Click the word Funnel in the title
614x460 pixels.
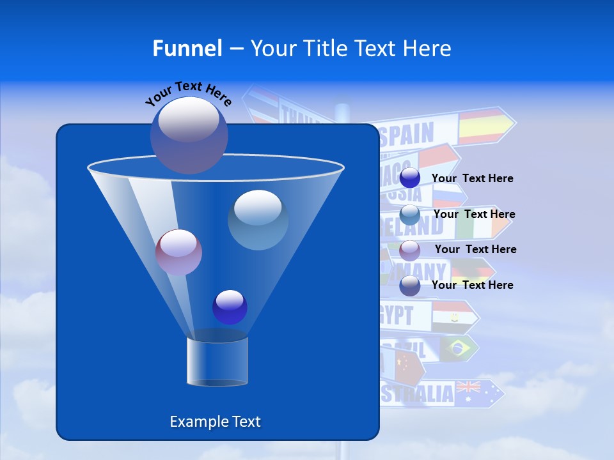(187, 48)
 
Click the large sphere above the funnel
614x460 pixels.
(189, 135)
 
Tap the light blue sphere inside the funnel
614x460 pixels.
(258, 220)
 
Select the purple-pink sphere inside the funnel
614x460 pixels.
(178, 252)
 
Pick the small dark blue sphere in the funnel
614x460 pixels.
(230, 307)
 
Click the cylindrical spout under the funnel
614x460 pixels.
(217, 361)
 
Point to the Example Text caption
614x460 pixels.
(215, 422)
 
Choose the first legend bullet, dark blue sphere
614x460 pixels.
(409, 178)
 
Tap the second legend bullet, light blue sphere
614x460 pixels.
(409, 214)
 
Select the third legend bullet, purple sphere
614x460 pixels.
(409, 250)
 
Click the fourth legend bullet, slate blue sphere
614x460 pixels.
(409, 286)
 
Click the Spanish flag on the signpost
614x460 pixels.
(482, 126)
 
